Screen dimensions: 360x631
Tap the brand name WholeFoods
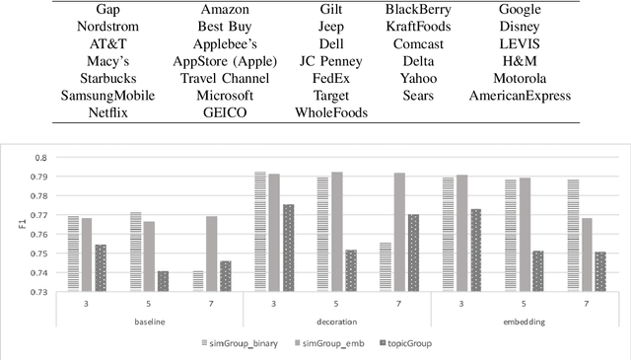pyautogui.click(x=330, y=113)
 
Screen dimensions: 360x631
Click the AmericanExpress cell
pyautogui.click(x=520, y=97)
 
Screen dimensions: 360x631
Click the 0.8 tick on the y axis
pyautogui.click(x=39, y=158)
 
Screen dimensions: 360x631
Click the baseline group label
pyautogui.click(x=149, y=321)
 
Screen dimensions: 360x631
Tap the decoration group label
pyautogui.click(x=337, y=321)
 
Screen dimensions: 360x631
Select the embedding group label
pyautogui.click(x=525, y=321)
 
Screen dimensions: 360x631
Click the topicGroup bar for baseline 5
pyautogui.click(x=163, y=281)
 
